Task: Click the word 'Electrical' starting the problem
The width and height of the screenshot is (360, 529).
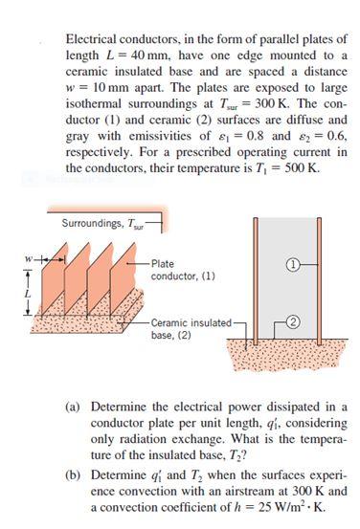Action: pos(92,37)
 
